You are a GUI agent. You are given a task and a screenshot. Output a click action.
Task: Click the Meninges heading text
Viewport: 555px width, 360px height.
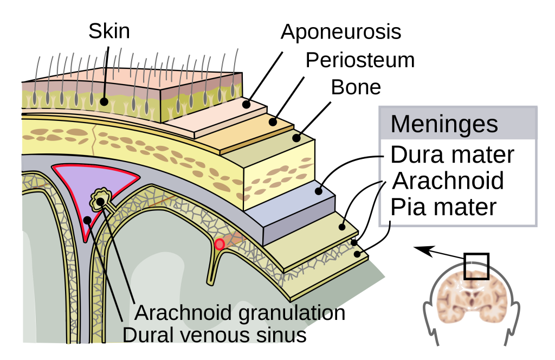[444, 124]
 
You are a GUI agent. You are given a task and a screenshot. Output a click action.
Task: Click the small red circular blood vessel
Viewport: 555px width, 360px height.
[220, 245]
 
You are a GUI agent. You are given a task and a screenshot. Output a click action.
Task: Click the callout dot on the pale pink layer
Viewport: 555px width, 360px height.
[246, 104]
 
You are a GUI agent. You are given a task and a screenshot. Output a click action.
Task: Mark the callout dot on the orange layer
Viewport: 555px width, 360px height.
[273, 122]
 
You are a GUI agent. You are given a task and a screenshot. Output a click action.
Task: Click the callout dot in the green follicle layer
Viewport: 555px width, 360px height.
[104, 101]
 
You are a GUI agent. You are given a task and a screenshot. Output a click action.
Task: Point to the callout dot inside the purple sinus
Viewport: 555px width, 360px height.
[87, 220]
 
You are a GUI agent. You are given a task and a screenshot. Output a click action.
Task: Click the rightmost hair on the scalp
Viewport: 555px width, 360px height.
[236, 60]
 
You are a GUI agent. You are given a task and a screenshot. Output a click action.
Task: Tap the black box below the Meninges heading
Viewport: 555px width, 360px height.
[458, 182]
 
